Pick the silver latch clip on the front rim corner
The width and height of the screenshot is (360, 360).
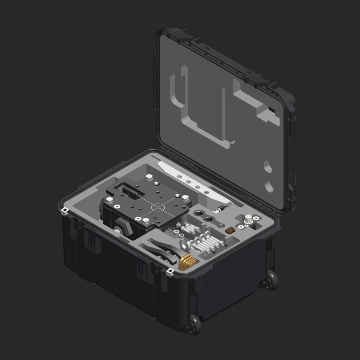coord(170,271)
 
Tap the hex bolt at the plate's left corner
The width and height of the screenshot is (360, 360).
coord(110,199)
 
